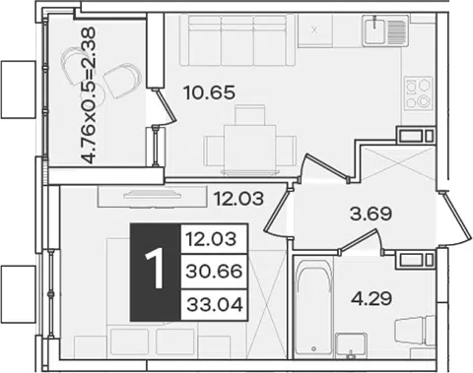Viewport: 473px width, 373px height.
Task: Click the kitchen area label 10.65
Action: pyautogui.click(x=210, y=93)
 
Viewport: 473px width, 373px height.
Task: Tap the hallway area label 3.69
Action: pyautogui.click(x=371, y=215)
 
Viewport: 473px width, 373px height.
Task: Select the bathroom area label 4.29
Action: pyautogui.click(x=372, y=298)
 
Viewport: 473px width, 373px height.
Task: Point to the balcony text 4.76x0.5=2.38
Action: pyautogui.click(x=89, y=95)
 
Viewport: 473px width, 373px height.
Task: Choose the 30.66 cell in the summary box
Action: pyautogui.click(x=214, y=272)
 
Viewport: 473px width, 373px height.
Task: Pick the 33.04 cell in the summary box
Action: pyautogui.click(x=214, y=305)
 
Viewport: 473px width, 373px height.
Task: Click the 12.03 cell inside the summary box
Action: pyautogui.click(x=214, y=238)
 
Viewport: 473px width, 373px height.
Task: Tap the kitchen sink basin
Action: pyautogui.click(x=374, y=30)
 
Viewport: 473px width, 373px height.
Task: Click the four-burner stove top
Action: pyautogui.click(x=418, y=93)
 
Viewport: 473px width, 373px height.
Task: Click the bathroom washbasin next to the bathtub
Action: pyautogui.click(x=351, y=345)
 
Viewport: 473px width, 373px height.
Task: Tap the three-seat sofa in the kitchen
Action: pyautogui.click(x=237, y=40)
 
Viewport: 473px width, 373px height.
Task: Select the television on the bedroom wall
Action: pyautogui.click(x=152, y=196)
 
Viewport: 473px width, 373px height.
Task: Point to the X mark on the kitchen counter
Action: pyautogui.click(x=315, y=31)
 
